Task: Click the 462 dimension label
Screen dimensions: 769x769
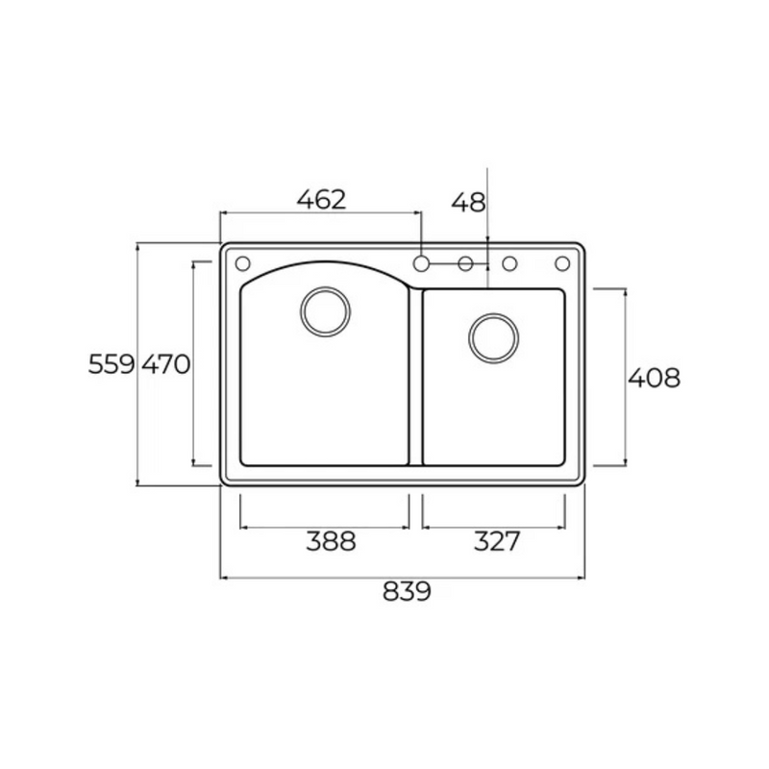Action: point(322,199)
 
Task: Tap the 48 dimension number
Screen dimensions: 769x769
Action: point(468,202)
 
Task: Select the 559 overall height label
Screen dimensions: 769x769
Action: point(112,364)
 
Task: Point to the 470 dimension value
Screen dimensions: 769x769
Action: point(166,364)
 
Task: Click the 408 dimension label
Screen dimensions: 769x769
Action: point(655,378)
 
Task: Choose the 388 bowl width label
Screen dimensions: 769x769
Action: point(331,541)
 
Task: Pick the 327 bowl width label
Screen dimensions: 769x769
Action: point(496,541)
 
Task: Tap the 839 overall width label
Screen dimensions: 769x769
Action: point(407,591)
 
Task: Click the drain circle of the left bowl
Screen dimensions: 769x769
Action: point(325,287)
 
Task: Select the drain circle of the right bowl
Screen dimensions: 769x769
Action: point(493,314)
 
